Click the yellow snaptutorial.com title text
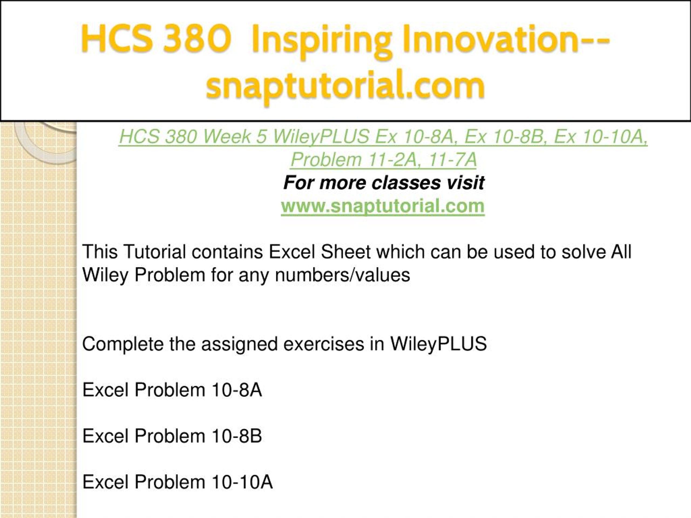(345, 87)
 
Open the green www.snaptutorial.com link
(383, 206)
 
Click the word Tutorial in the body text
(155, 252)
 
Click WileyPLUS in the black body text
(438, 344)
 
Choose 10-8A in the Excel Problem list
(236, 390)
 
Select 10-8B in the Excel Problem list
(236, 436)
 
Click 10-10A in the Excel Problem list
(242, 482)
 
